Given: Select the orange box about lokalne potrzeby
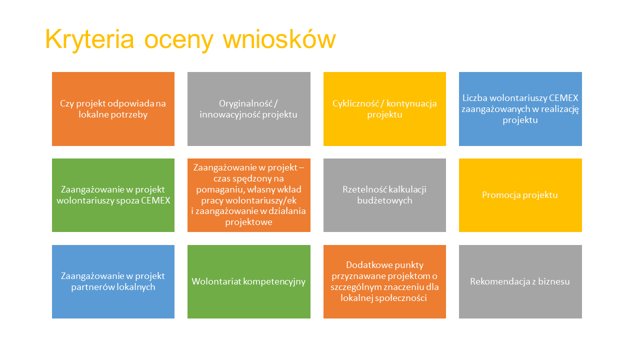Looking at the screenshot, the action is pos(113,109).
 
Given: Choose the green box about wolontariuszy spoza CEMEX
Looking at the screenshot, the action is pos(113,195).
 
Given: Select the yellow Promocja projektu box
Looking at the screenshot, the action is pos(520,195).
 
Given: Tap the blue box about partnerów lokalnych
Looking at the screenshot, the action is pos(113,281).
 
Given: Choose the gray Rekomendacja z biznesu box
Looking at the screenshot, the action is pos(520,281).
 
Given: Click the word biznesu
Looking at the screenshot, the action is pos(554,281).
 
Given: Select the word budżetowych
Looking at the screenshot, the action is pos(384,200).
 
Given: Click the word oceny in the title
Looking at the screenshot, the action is pos(179,40).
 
